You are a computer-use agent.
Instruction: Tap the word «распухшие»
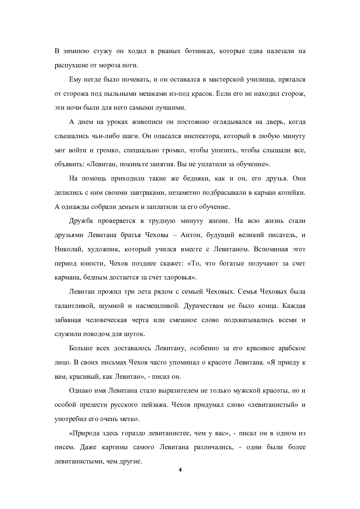click(69, 65)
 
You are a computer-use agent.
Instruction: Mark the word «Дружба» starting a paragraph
click(81, 221)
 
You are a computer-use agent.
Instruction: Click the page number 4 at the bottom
click(180, 470)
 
